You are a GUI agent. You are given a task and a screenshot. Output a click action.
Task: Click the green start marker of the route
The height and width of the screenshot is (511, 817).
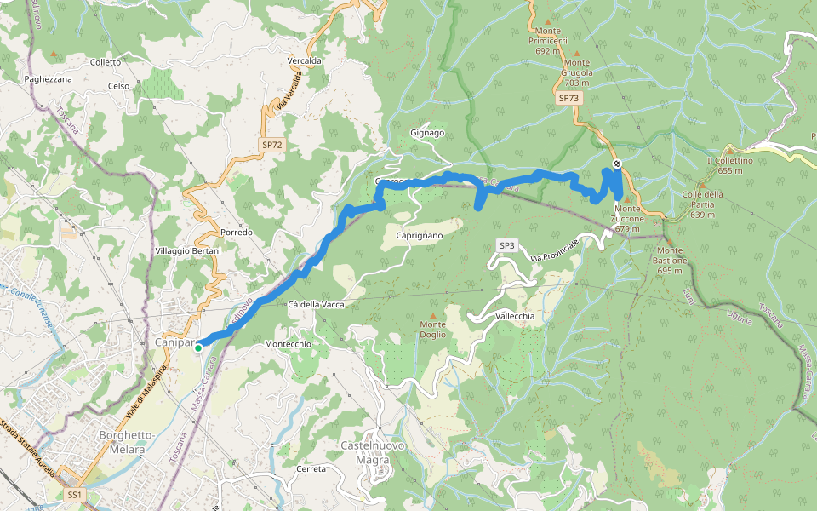click(198, 347)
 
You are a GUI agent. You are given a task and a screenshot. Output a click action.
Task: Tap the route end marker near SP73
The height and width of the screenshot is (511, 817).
click(617, 164)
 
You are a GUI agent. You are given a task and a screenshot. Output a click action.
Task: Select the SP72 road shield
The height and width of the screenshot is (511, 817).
click(271, 146)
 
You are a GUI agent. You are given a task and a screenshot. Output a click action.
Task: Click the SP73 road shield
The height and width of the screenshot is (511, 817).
click(569, 99)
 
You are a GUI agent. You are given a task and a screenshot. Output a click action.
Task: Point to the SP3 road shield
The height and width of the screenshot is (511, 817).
click(507, 246)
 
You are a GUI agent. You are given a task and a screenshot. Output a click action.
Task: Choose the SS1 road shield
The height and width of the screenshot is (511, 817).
click(74, 494)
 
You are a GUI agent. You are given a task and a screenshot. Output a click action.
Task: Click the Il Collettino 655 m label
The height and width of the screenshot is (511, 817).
click(729, 165)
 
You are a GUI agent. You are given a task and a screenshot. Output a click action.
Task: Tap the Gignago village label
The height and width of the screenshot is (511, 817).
click(427, 133)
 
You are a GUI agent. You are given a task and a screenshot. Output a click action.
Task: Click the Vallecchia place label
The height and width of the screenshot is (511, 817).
click(515, 315)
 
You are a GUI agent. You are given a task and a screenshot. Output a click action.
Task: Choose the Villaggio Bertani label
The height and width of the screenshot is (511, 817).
click(188, 251)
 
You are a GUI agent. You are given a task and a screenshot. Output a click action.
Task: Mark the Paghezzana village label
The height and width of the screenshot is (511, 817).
click(49, 79)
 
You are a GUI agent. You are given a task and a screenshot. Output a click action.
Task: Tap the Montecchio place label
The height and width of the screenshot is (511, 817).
click(289, 343)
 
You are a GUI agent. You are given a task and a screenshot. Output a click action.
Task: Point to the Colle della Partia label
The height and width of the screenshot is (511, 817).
click(702, 199)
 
